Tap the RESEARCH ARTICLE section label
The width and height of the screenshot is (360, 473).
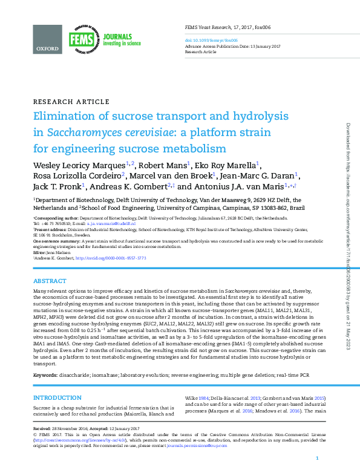pos(71,101)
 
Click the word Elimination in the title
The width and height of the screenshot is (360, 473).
pos(69,117)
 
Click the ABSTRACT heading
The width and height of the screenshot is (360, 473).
pos(50,281)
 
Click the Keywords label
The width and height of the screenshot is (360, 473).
pos(45,376)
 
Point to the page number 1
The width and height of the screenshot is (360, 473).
pos(317,459)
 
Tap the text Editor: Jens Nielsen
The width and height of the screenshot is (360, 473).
pos(51,252)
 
